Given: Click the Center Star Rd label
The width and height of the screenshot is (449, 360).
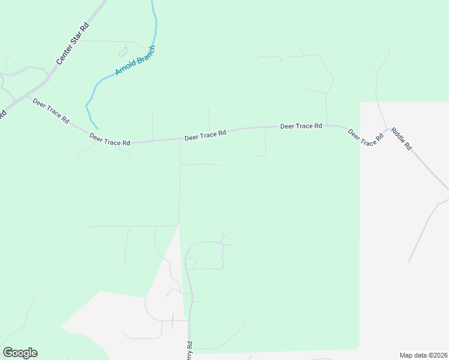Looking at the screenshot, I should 72,44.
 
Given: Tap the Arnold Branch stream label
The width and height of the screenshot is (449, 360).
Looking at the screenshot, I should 135,60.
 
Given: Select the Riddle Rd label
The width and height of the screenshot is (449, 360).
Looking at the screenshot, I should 401,138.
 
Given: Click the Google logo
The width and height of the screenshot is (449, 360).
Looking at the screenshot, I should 20,353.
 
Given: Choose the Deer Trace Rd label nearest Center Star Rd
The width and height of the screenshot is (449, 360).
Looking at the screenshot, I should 50,110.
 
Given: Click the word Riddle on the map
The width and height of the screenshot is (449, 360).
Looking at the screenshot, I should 399,134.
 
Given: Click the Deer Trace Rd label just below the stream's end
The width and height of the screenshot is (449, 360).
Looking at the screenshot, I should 110,140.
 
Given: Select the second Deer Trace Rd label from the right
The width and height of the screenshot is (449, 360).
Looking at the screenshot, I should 301,126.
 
